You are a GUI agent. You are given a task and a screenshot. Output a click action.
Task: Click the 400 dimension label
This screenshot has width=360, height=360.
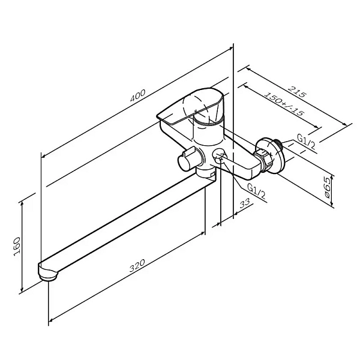coord(138,95)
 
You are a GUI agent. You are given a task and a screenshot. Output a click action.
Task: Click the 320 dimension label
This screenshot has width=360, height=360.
coord(137,265)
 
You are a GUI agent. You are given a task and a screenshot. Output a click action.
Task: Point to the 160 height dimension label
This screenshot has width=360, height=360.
coord(17,247)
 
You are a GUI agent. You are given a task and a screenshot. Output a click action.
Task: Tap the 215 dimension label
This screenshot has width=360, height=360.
coord(297,91)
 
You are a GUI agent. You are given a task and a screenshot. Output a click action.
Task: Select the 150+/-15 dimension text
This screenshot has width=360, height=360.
coord(284,104)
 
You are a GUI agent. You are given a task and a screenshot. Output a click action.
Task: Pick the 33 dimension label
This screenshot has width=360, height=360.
coord(245,203)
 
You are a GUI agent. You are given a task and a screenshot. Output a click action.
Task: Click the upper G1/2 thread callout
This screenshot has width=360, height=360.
coord(306,142)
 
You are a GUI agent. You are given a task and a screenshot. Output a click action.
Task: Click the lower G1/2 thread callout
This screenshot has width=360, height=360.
coord(257,191)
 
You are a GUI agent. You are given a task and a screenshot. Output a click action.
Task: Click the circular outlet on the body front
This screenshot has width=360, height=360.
coord(219,155)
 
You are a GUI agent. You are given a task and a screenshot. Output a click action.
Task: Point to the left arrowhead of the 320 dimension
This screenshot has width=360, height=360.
coord(52,320)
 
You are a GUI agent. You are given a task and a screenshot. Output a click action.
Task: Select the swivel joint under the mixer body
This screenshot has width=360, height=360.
coord(206,173)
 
